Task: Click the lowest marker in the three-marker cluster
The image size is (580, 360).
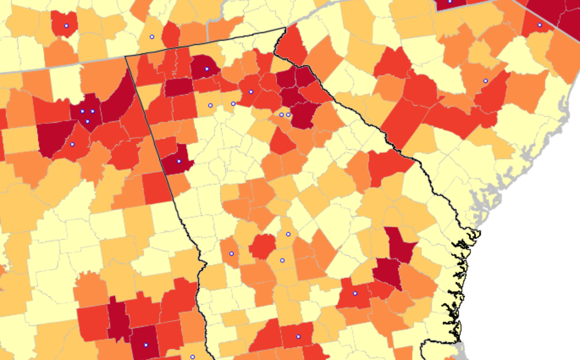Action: coord(87,122)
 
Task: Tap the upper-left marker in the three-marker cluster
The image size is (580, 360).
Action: coord(82,111)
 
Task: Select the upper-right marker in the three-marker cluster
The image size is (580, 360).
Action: coord(92,111)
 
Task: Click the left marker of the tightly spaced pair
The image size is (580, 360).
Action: coord(282,115)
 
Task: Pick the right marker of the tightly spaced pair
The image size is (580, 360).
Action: coord(288,115)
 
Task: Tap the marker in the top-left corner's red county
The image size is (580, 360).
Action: coord(66,26)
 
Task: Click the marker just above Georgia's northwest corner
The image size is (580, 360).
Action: coord(152,37)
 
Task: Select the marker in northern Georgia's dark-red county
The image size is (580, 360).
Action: coord(207,69)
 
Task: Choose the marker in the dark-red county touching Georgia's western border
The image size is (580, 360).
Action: coord(179,161)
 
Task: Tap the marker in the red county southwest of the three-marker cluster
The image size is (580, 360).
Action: coord(72,144)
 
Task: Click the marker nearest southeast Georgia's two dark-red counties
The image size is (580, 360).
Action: coord(355,294)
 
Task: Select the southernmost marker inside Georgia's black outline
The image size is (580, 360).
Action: coord(298,337)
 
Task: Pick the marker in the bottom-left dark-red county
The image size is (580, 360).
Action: coord(146,345)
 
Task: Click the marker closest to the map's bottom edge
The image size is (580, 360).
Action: coord(192,357)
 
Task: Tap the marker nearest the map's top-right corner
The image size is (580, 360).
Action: coord(539,25)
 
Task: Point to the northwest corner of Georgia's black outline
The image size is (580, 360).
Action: coord(125,55)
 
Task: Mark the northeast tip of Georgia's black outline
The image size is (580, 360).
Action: coord(286,28)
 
